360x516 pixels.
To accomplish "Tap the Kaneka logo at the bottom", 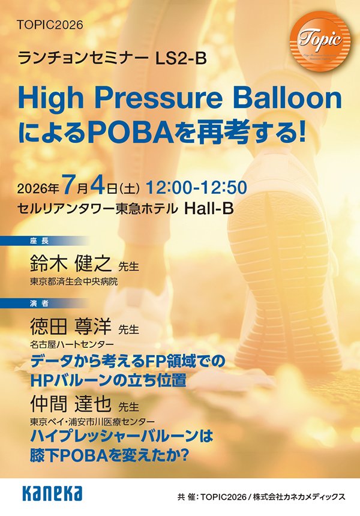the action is point(52,493).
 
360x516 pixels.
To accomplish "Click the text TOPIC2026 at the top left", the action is point(50,25).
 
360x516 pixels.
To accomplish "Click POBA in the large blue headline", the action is point(131,134).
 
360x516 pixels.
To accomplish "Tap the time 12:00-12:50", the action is point(196,188).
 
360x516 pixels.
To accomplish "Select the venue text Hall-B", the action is point(209,208).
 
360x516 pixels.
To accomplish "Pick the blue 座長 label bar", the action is point(44,241).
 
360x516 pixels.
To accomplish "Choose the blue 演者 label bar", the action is point(44,304).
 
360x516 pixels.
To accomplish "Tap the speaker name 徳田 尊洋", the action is point(70,325).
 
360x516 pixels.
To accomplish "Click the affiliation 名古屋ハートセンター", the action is point(72,344).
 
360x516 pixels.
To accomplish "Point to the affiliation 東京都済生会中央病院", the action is point(74,281).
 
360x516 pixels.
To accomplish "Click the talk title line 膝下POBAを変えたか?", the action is point(110,455).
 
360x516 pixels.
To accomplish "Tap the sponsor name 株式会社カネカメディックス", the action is point(299,497).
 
